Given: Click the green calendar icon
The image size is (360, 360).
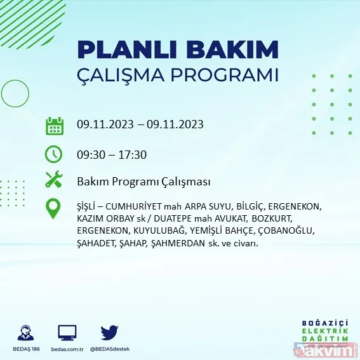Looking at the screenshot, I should coord(55,125).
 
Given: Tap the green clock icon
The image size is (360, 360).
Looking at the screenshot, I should coord(55,154).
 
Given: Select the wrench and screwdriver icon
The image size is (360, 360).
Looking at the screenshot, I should coord(55,180).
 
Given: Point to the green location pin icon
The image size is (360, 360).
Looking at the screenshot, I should coord(55,209).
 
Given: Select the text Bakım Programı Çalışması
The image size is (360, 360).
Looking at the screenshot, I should coord(143,182).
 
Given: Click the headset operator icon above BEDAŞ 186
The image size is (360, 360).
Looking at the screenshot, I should coord(27,333).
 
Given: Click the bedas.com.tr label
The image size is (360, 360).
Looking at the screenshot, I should coord(67,349).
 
